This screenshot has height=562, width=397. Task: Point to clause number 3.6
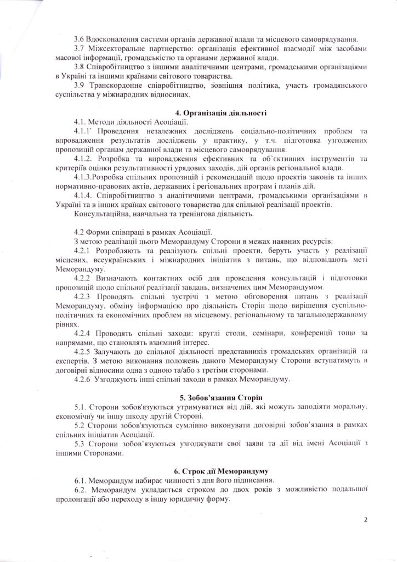[80, 40]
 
